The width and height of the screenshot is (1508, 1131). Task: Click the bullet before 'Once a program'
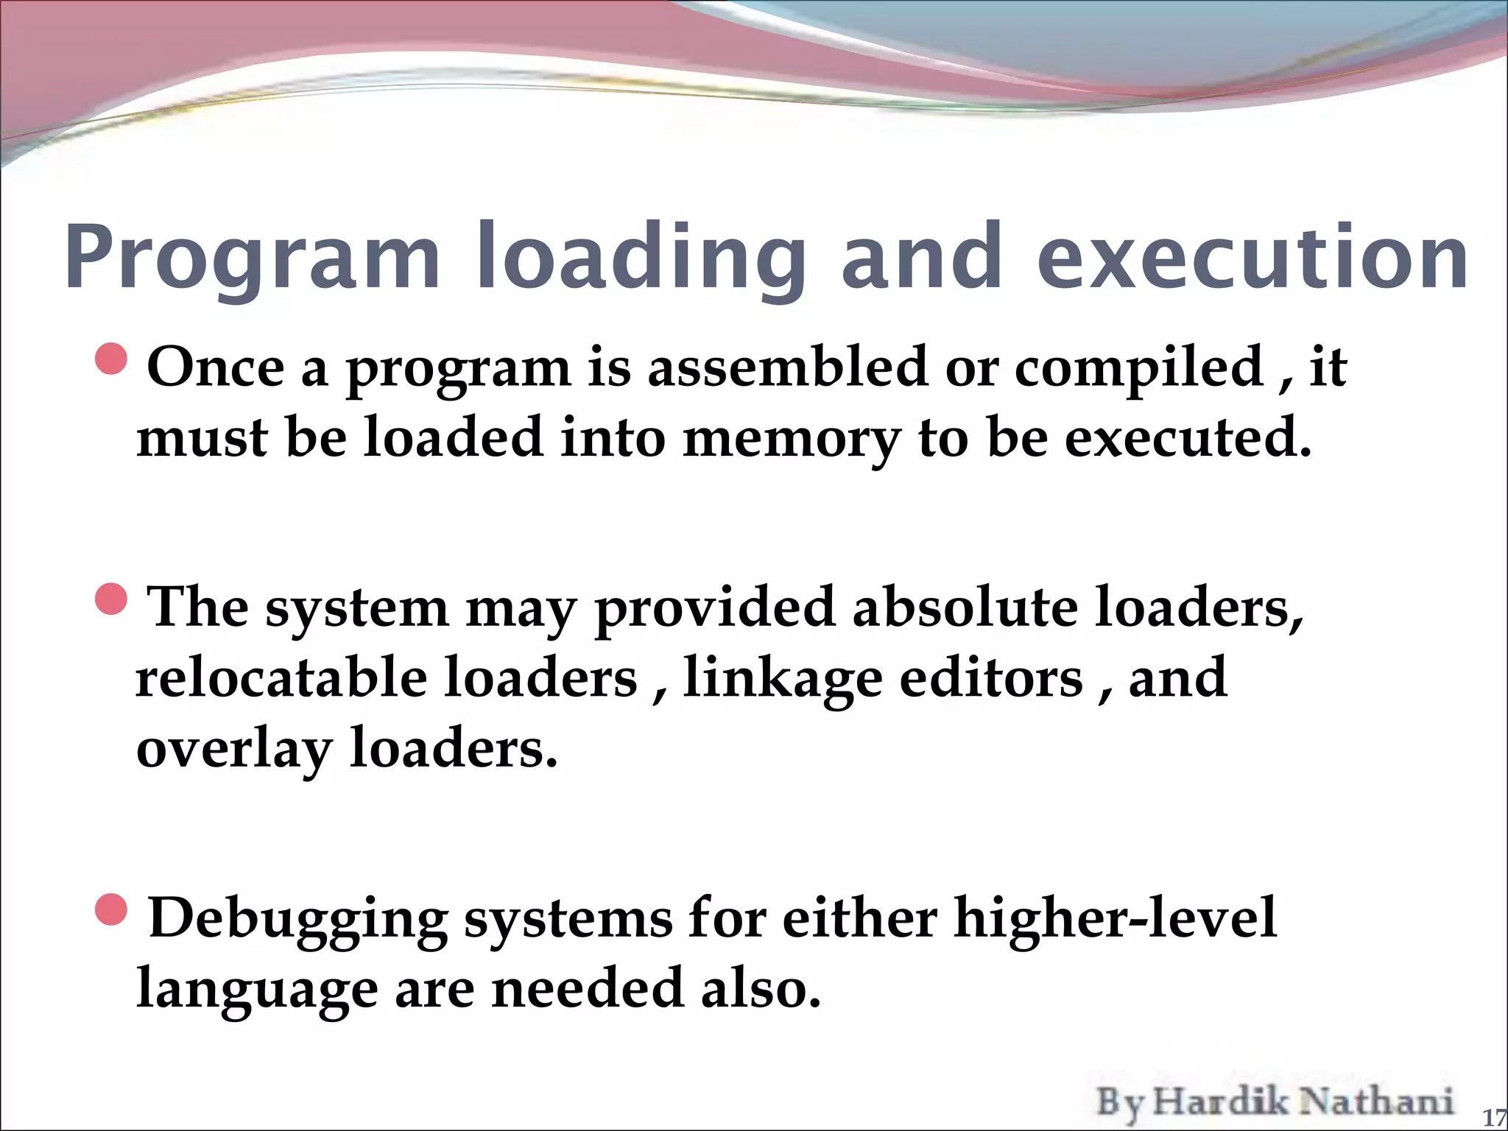point(112,359)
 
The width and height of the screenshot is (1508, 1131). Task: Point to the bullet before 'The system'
point(112,599)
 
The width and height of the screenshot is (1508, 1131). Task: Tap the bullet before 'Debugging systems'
point(112,910)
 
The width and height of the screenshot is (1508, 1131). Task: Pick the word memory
point(792,439)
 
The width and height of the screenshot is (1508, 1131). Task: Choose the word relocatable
point(281,677)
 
